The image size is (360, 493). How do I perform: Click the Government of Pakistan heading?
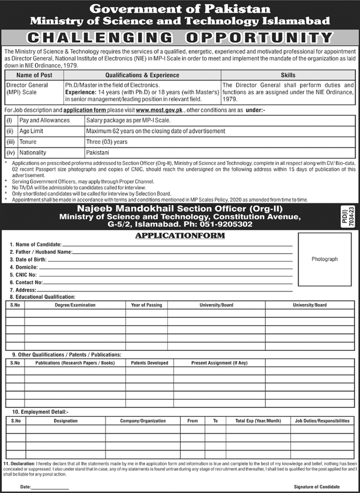180,8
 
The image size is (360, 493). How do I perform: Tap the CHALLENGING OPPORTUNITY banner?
180,37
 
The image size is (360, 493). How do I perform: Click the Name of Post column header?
33,76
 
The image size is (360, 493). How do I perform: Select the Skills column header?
288,76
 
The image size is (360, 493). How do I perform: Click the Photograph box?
325,258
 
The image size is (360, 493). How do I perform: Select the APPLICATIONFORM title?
180,236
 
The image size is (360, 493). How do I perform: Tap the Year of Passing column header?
146,305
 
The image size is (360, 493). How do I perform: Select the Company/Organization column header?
143,422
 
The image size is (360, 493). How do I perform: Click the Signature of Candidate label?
322,488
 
